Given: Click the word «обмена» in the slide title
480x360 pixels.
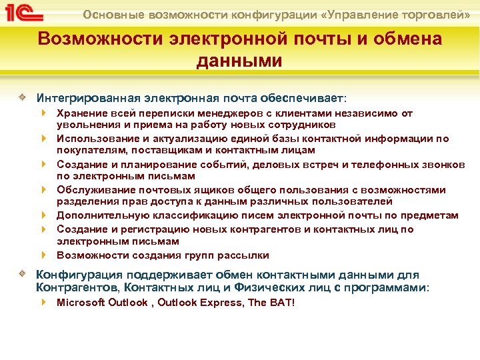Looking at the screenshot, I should click(409, 39).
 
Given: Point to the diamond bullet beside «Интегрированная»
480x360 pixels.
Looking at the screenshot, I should click(23, 96).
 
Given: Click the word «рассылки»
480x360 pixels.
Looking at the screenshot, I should click(247, 255).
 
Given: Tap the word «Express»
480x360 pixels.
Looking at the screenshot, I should click(221, 303).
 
